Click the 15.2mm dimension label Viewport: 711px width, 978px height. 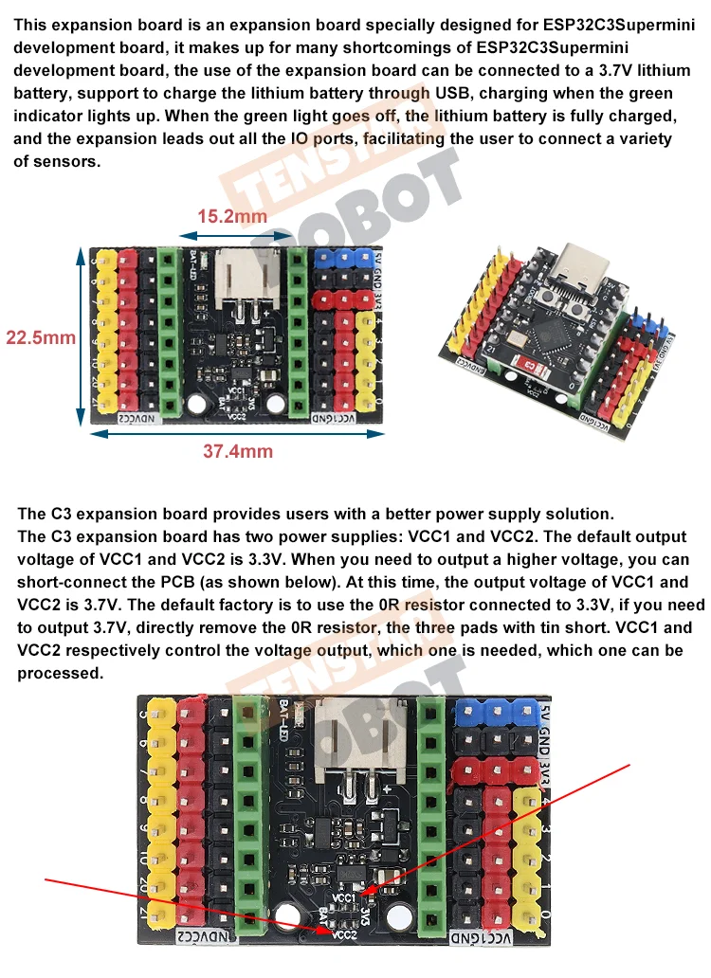coord(232,216)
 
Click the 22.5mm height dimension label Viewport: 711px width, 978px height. coord(41,337)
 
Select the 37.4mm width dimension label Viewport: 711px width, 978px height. coord(237,451)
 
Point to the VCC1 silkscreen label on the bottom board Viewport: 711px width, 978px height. coord(343,896)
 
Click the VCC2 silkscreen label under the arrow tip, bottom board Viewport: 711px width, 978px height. coord(343,933)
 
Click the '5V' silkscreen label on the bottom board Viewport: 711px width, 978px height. coord(541,712)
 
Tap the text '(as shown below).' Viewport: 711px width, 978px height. coord(247,583)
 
